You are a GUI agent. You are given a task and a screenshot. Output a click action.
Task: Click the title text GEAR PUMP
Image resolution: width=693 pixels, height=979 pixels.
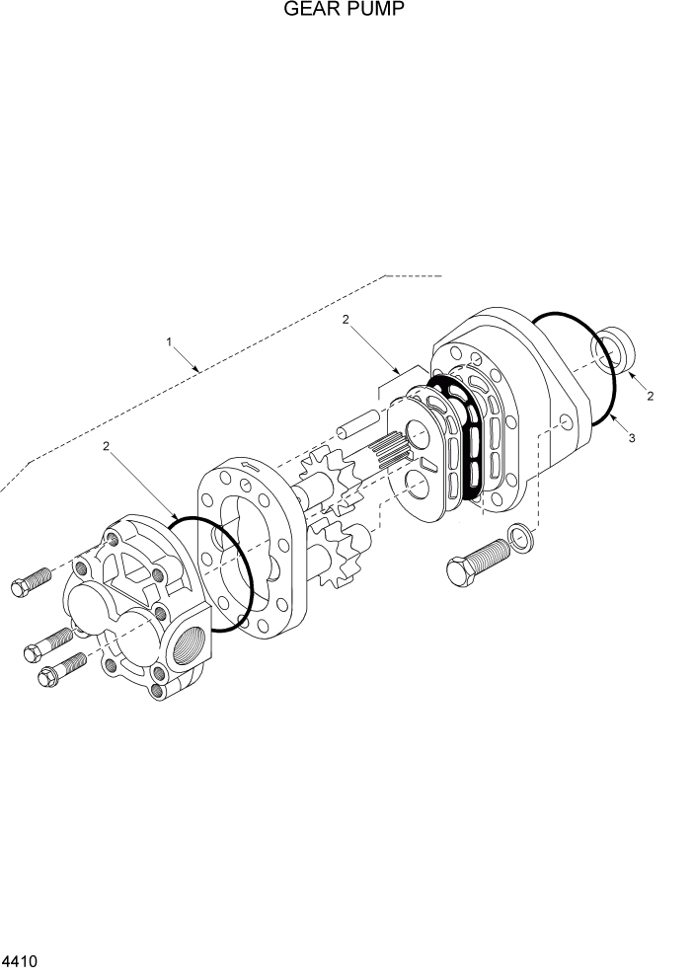[x=346, y=11]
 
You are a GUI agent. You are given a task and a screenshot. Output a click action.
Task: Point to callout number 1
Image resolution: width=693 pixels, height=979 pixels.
[x=169, y=341]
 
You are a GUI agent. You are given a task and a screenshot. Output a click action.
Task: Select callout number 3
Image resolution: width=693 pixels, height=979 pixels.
[x=631, y=436]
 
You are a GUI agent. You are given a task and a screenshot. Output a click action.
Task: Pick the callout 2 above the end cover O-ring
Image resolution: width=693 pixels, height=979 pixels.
[x=107, y=446]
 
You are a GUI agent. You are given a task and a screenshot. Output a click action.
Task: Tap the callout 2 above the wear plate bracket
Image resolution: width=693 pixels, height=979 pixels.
[x=346, y=319]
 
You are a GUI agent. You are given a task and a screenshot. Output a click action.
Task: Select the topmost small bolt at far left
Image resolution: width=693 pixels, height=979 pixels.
[x=29, y=583]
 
